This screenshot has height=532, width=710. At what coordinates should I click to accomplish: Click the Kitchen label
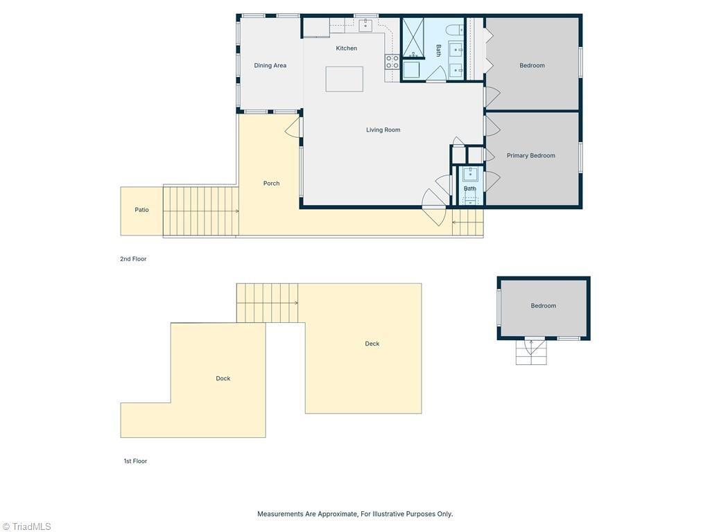coord(347,48)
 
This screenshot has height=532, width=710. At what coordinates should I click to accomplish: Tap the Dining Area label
coord(270,66)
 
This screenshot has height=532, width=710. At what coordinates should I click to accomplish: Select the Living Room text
coord(383,130)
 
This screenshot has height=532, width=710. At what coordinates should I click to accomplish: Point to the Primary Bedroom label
coord(530,156)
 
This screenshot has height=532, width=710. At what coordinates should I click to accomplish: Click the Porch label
coord(271,183)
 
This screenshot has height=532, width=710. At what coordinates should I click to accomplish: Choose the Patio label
coord(141,210)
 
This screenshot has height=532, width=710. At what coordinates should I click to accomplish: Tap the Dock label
coord(223,379)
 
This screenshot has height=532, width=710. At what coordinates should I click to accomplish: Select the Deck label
coord(372,344)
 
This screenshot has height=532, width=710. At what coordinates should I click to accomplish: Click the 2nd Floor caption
coord(133,259)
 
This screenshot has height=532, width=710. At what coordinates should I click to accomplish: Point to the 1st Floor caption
coord(135,461)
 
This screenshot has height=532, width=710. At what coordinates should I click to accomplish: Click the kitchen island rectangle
coord(344,79)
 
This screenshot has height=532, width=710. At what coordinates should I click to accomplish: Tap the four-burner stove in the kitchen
coord(392,62)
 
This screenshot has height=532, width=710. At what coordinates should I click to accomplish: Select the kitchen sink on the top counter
coord(365,26)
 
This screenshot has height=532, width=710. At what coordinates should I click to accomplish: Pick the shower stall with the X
coord(414,39)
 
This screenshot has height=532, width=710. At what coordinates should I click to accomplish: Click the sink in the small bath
coord(471,174)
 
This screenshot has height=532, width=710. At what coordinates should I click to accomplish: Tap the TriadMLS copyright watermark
coord(26,526)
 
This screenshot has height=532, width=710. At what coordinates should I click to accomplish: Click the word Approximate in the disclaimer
coord(336,514)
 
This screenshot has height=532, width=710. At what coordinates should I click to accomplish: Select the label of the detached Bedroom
coord(544,305)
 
